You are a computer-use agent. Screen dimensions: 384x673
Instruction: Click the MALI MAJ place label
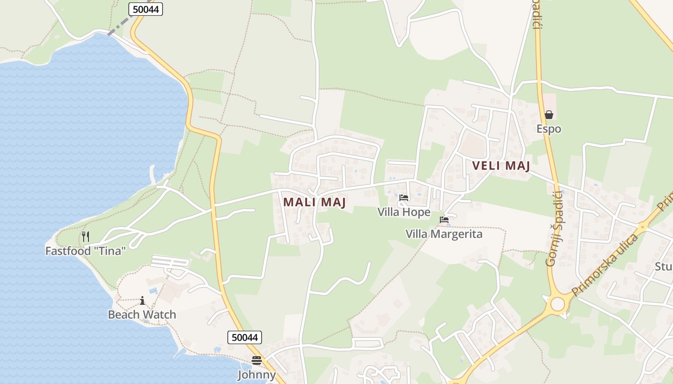click(x=314, y=203)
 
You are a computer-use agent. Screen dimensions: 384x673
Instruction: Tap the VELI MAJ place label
click(x=501, y=166)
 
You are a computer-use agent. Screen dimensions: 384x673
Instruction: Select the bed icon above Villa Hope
click(x=404, y=198)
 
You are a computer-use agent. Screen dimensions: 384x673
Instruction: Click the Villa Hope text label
click(x=404, y=212)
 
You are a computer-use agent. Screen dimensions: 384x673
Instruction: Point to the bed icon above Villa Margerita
click(x=444, y=220)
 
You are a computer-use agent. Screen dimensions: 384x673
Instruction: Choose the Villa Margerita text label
click(x=444, y=234)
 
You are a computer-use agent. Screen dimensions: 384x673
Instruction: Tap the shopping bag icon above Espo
click(x=548, y=115)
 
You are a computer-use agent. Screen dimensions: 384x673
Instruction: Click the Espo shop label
click(x=548, y=129)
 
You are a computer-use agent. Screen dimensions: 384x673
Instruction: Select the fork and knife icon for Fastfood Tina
click(x=86, y=236)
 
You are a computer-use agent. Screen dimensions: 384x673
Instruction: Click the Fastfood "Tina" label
click(x=86, y=251)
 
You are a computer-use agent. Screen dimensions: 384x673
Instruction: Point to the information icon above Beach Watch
click(x=142, y=301)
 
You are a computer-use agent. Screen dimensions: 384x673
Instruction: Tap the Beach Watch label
click(x=142, y=315)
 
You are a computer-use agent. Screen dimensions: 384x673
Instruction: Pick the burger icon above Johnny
click(x=257, y=360)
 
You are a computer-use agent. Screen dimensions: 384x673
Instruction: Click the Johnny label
click(x=257, y=375)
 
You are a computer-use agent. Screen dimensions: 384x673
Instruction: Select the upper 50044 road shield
click(x=146, y=9)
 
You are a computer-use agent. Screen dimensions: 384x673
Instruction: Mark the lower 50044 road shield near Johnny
click(x=245, y=337)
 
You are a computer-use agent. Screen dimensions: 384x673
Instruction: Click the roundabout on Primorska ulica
click(x=558, y=304)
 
